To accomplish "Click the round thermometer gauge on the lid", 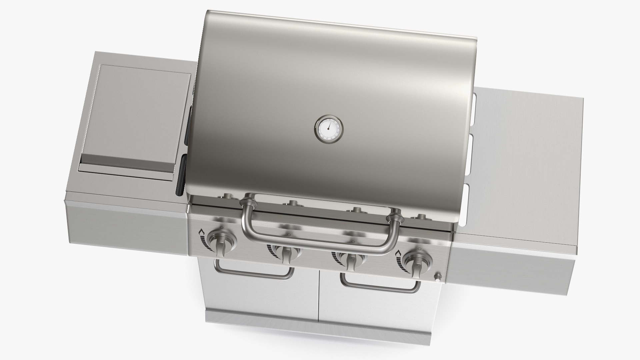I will (328, 128).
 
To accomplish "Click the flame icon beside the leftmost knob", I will (202, 232).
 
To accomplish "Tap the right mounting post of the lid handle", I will (395, 217).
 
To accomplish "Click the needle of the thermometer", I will (329, 126).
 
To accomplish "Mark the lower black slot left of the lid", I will (182, 175).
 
